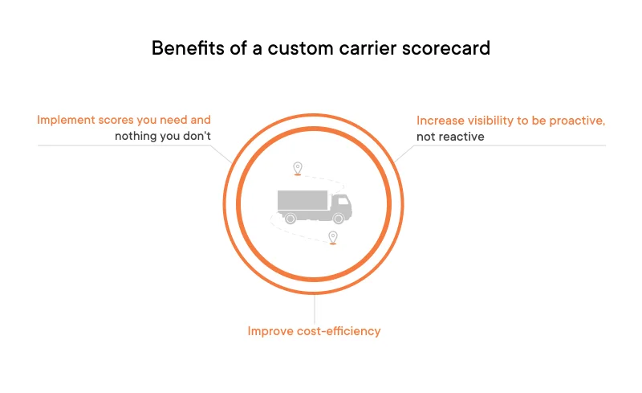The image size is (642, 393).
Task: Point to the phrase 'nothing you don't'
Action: [163, 136]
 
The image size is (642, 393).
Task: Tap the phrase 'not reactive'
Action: [450, 137]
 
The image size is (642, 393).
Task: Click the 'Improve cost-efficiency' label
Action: [314, 331]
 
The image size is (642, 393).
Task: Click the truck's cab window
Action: [340, 201]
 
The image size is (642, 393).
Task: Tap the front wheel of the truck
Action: [339, 218]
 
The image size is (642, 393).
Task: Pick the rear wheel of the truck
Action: [291, 218]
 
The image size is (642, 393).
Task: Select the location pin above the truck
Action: [298, 168]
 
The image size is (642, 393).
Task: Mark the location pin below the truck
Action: [332, 237]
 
